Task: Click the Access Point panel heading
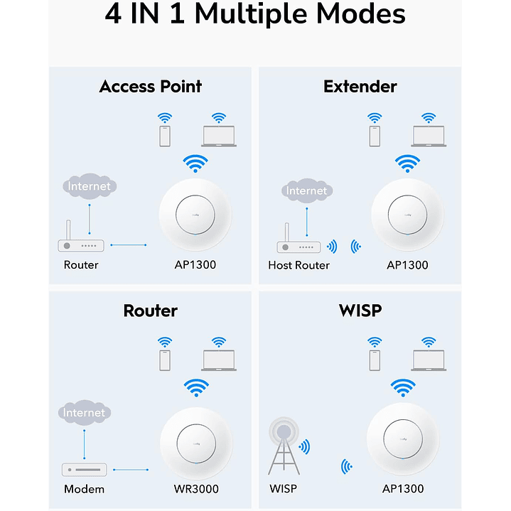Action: [150, 87]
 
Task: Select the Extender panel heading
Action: [360, 87]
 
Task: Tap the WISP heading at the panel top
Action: [360, 311]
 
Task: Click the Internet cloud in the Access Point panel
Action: [90, 186]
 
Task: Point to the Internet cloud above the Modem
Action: [84, 412]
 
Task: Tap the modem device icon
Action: [84, 470]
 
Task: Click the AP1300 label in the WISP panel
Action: [402, 489]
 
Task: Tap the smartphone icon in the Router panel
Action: [165, 355]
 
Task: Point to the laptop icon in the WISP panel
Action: [428, 355]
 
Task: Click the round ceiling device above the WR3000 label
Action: [195, 439]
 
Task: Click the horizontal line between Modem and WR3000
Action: [131, 470]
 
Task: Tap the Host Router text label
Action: [298, 265]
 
